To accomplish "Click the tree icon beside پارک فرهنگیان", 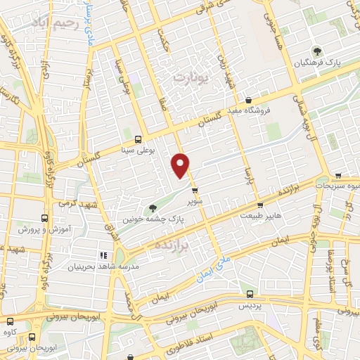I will [317, 51].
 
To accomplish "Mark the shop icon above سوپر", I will [195, 191].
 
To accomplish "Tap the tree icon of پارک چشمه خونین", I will [153, 207].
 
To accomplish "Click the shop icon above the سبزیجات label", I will [340, 176].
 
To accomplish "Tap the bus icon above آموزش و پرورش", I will [45, 219].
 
